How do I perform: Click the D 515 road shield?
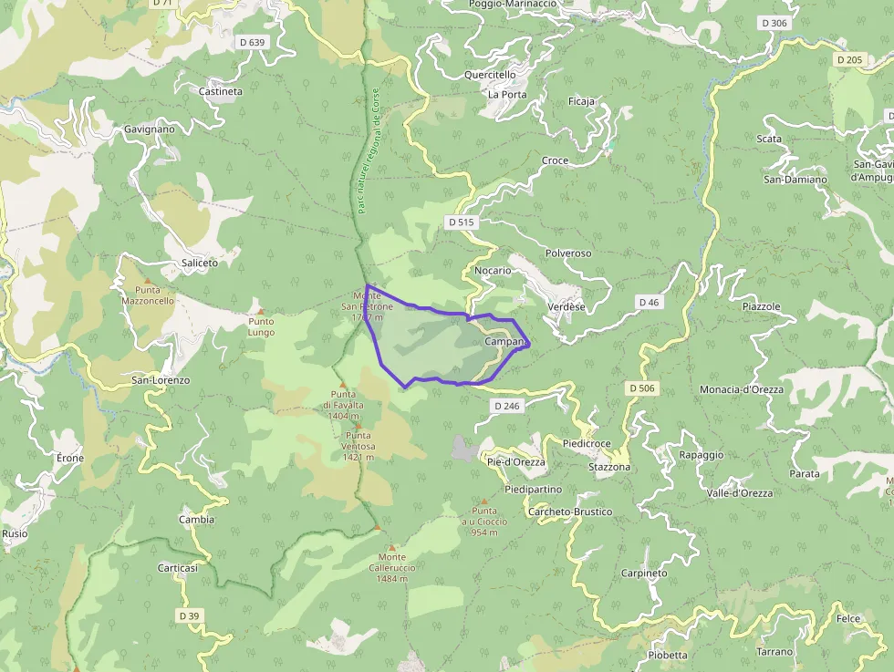[463, 222]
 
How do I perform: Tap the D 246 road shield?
[507, 405]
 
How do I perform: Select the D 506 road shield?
[642, 388]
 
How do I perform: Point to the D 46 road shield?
[649, 302]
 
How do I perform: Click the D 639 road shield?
[252, 42]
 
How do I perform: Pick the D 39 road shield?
[189, 615]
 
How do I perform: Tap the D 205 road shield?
[848, 60]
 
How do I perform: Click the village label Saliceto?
[200, 263]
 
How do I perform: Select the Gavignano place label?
[150, 129]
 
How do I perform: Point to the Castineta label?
[221, 91]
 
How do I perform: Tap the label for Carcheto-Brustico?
[570, 512]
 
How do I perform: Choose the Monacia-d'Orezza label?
[742, 389]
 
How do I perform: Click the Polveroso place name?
[568, 253]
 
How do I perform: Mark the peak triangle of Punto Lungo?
[260, 311]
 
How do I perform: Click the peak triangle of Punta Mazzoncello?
[148, 280]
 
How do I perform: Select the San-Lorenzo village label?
[161, 379]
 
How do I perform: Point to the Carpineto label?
[644, 574]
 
